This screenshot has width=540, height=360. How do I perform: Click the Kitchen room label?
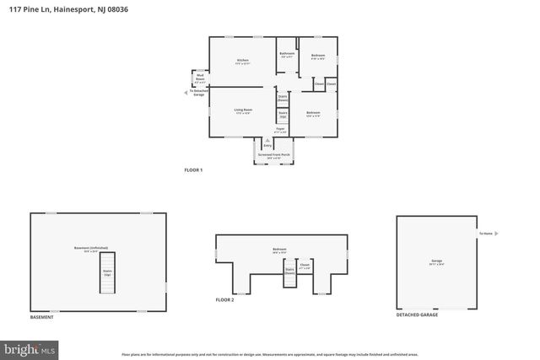242,62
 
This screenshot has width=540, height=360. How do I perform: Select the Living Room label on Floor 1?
242,112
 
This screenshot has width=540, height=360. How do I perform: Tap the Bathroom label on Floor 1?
287,55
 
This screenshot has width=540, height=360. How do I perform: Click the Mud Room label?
201,78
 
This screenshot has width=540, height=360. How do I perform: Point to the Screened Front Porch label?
274,156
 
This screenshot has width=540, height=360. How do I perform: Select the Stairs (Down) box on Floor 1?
283,98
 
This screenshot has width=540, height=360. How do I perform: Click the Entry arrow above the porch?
267,144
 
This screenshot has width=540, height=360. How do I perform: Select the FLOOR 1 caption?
193,170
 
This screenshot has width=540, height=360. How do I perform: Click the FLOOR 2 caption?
224,300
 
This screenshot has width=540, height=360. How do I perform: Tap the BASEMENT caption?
41,316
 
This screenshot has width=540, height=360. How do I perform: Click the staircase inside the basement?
107,274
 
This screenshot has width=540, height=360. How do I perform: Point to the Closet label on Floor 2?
305,266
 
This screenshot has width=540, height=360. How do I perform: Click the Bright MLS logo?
30,347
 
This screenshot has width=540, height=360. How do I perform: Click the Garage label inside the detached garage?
437,262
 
